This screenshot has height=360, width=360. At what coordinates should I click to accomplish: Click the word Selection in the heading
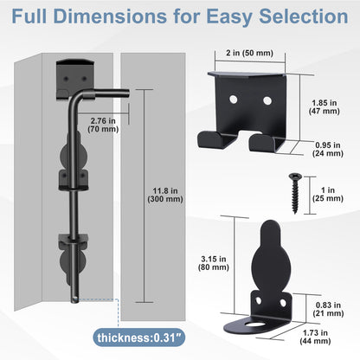point(304,16)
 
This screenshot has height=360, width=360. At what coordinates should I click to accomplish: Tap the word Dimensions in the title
point(110,16)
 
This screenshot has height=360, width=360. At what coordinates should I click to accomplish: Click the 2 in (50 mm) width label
point(249,53)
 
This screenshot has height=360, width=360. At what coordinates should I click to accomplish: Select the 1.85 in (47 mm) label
point(325,107)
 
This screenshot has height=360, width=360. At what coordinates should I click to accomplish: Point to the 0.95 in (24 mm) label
point(328,149)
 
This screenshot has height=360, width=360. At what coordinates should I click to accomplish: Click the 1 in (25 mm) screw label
point(328,195)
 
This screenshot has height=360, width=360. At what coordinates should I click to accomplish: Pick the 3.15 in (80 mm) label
point(214,263)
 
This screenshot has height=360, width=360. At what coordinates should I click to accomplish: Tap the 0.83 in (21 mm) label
point(328,309)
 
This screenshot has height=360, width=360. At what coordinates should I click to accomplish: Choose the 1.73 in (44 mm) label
point(315,337)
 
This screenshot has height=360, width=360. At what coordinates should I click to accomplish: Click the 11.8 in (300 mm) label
point(165,195)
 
